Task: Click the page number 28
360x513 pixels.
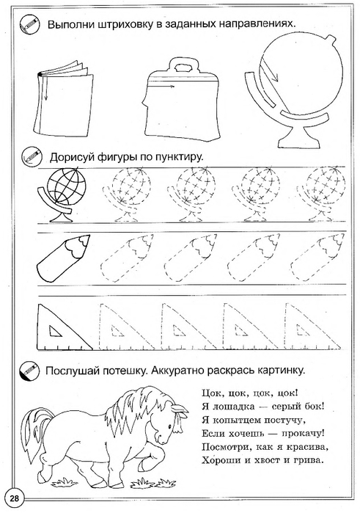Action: [15, 498]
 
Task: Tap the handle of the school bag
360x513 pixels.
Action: [183, 65]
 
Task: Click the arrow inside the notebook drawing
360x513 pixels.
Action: [45, 87]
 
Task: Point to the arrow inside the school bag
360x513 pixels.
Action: [163, 87]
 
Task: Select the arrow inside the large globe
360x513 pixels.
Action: [269, 72]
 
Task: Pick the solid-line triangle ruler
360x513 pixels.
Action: [65, 327]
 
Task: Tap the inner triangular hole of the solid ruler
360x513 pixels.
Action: [56, 331]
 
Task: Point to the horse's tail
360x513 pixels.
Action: [33, 432]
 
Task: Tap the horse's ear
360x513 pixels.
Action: [180, 409]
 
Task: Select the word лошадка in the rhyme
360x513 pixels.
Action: [233, 407]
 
